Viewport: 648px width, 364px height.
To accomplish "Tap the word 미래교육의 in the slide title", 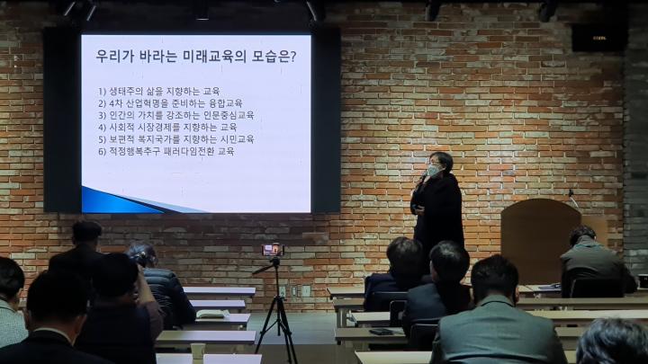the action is (x=214, y=56).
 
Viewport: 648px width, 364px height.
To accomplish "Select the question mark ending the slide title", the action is (x=293, y=57).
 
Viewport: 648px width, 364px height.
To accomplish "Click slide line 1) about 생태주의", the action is (x=159, y=91).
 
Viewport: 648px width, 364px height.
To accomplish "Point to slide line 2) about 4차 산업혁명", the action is (x=170, y=103).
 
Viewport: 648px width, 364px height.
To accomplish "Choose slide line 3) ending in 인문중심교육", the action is (x=176, y=115).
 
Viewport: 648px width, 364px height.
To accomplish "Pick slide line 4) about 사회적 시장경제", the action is (x=167, y=127).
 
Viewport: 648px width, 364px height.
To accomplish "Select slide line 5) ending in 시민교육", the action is (x=176, y=139).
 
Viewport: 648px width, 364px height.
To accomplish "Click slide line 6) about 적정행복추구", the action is (x=166, y=152).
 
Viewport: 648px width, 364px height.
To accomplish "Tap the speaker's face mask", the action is (x=434, y=170).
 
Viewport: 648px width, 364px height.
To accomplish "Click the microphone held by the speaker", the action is (x=423, y=177).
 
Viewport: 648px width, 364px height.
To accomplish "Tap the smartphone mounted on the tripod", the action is (x=273, y=250).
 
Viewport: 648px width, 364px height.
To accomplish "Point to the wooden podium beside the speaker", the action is (x=541, y=240).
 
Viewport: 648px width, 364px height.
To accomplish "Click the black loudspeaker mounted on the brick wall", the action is (x=598, y=38).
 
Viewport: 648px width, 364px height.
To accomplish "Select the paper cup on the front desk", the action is (x=197, y=351).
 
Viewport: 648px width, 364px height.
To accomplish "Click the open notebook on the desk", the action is (x=211, y=314).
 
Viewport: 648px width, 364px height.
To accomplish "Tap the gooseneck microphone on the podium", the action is (x=572, y=198).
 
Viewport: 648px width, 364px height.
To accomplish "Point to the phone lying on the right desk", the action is (x=381, y=332).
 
